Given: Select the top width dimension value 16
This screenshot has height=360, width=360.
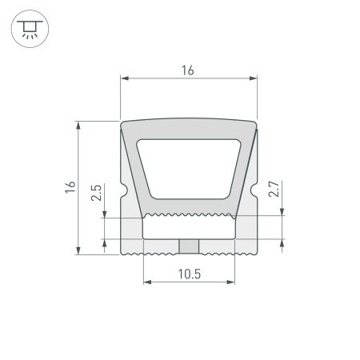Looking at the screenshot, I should (188, 70).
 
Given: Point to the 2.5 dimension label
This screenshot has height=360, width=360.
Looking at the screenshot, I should (97, 192).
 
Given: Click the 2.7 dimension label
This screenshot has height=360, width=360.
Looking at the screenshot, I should (274, 190).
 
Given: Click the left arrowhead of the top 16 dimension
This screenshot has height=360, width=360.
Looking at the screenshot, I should (125, 78).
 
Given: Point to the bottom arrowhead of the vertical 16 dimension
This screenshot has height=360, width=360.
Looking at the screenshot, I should (78, 250).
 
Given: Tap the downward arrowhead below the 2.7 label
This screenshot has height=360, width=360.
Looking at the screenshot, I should (282, 210).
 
